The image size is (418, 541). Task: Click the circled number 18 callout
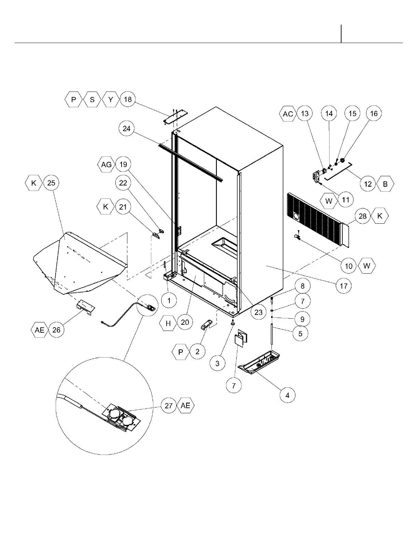(128, 99)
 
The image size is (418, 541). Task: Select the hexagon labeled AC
(288, 113)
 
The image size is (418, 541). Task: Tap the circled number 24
(127, 128)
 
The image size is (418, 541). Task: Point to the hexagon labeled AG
(106, 165)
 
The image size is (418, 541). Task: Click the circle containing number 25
(51, 183)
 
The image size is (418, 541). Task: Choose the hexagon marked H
(168, 323)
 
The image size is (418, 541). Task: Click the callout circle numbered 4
(288, 395)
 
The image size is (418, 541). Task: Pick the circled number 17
(344, 286)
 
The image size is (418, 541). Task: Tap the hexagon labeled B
(385, 184)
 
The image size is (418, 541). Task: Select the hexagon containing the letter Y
(110, 99)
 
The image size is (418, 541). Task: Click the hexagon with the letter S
(92, 99)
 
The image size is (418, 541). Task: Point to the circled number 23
(259, 312)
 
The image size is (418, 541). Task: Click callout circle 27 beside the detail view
(169, 405)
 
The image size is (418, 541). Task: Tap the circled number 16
(374, 113)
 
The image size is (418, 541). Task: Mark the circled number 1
(169, 301)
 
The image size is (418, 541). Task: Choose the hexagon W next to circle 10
(366, 266)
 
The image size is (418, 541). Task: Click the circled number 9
(302, 319)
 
